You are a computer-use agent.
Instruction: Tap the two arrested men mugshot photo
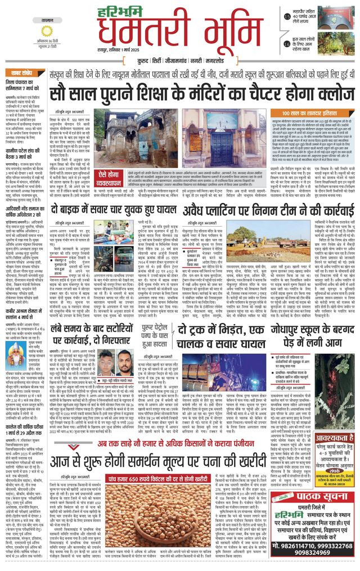(x=111, y=363)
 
